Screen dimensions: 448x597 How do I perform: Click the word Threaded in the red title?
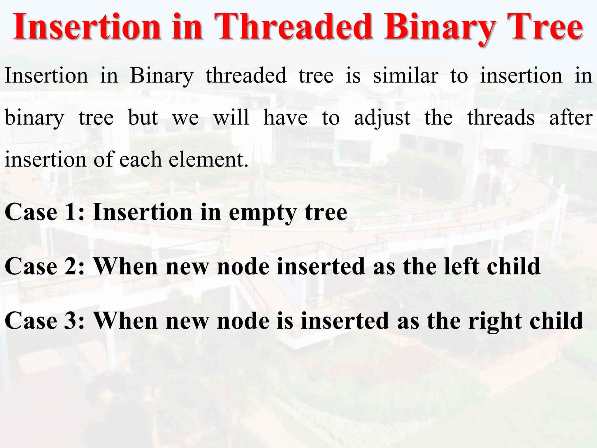293,27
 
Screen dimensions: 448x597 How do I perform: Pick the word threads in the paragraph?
501,118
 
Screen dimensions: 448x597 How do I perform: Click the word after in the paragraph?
570,118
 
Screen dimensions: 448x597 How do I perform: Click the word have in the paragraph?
285,118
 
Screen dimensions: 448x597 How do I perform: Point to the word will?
231,118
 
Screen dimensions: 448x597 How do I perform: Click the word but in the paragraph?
143,118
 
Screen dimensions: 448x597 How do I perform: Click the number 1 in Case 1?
71,212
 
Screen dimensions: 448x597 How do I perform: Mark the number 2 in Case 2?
71,267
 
